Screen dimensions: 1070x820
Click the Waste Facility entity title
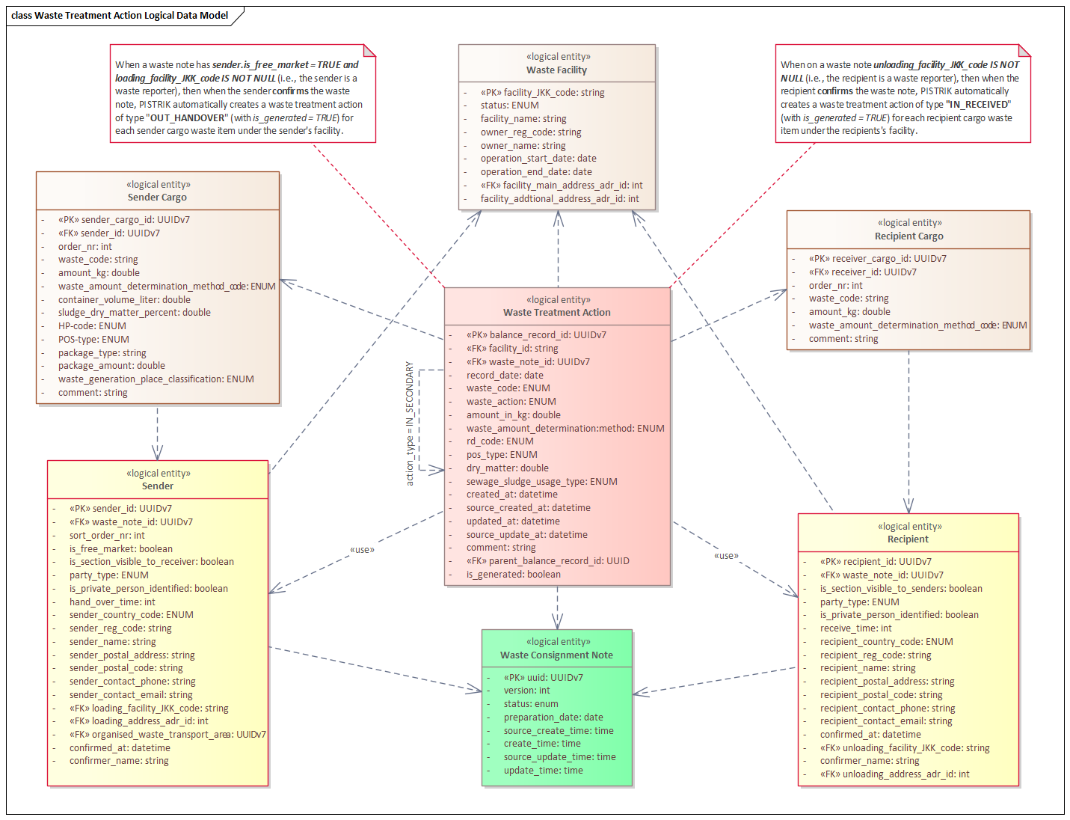click(x=556, y=70)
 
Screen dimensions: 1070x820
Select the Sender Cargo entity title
click(x=157, y=197)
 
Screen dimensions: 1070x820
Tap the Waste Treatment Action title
click(x=556, y=312)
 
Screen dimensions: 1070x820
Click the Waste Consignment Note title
click(x=556, y=655)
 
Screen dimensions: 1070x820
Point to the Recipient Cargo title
click(x=909, y=236)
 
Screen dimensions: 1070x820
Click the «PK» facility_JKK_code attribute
click(x=542, y=93)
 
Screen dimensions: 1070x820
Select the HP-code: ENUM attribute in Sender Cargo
click(x=92, y=325)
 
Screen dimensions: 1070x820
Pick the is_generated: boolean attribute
click(x=513, y=575)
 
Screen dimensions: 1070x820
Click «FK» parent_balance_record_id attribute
click(x=547, y=561)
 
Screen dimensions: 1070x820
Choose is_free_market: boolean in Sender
click(x=120, y=548)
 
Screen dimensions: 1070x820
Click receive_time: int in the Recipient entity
click(x=855, y=628)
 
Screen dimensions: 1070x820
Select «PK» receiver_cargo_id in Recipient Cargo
click(x=877, y=259)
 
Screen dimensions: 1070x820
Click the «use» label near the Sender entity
click(x=362, y=550)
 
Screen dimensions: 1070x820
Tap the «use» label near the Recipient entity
click(x=726, y=556)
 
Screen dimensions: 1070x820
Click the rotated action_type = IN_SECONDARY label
click(x=410, y=423)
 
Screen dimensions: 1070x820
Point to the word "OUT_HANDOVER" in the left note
click(x=187, y=117)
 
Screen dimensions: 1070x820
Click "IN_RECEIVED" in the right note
click(x=978, y=105)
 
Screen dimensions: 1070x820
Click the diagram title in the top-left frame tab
click(x=119, y=15)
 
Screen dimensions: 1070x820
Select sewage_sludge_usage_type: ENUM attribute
click(x=541, y=481)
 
